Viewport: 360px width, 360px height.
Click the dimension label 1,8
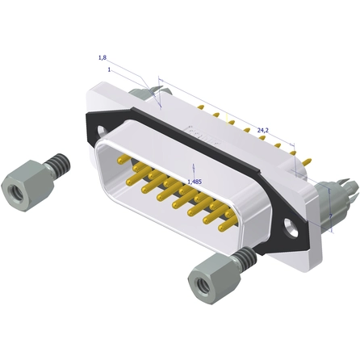tap(103, 57)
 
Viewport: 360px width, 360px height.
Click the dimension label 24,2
tap(263, 130)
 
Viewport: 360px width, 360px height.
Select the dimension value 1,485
tap(195, 182)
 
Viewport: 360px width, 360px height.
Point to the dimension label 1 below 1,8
tap(109, 69)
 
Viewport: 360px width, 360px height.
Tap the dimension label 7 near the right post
tap(331, 216)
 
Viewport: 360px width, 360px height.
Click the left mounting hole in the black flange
tap(103, 131)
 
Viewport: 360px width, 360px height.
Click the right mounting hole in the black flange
tap(291, 228)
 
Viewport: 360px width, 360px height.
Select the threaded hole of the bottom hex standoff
tap(203, 285)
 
